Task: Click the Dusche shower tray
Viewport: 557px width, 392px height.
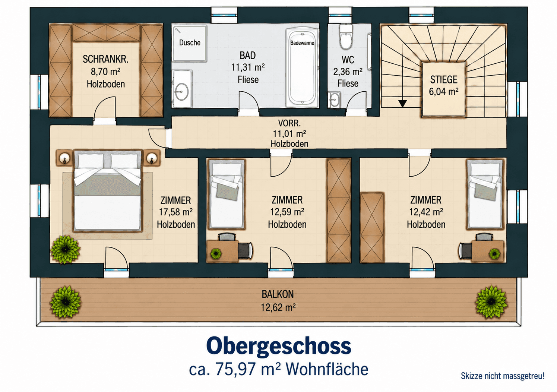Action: (x=189, y=43)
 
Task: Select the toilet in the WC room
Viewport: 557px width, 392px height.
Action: (x=346, y=37)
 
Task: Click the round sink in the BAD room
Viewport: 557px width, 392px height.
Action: (x=182, y=92)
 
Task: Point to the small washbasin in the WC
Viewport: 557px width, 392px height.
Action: (x=334, y=100)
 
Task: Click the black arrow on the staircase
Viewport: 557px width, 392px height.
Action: (x=402, y=103)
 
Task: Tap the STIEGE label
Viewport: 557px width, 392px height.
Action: (x=444, y=80)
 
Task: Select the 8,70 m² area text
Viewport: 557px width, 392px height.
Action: (x=105, y=72)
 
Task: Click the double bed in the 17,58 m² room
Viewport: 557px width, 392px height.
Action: (x=108, y=190)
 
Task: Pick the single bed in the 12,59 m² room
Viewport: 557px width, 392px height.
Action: (x=226, y=194)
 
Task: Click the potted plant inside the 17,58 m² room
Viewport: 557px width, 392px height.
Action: (x=66, y=249)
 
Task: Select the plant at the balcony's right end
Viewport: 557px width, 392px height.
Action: (x=491, y=302)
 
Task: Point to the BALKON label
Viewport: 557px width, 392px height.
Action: (x=278, y=294)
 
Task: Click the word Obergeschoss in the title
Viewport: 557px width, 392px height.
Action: (x=279, y=347)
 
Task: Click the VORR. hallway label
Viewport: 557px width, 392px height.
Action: (x=289, y=123)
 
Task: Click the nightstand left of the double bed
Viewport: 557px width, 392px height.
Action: (x=64, y=158)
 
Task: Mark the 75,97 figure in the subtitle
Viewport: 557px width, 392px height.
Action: (x=235, y=369)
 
